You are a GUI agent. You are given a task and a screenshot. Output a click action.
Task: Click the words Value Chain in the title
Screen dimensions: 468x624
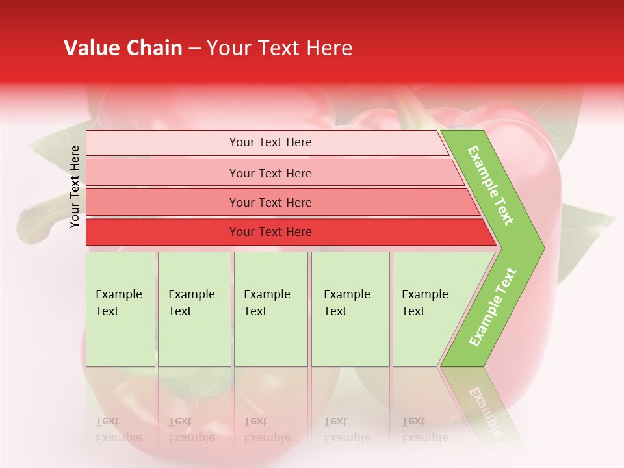[x=123, y=48]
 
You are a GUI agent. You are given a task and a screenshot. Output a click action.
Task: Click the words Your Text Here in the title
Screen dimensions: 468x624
[x=279, y=48]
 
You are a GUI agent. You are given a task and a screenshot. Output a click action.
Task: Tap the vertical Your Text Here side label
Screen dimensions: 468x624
[x=75, y=187]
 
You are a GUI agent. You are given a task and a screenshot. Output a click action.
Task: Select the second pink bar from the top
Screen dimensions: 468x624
[x=270, y=173]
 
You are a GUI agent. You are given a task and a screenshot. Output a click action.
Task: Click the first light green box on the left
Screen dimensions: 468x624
[x=120, y=309]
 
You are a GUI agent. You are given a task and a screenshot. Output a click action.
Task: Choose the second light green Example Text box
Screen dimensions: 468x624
[x=194, y=309]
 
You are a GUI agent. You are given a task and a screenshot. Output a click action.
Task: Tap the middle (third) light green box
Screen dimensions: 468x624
[x=270, y=309]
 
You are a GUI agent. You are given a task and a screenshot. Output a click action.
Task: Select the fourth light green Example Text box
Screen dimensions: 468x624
[x=350, y=309]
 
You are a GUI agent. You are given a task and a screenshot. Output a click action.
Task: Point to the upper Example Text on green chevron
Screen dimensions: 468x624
[x=491, y=185]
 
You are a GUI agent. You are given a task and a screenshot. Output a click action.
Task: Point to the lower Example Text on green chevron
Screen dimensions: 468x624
[x=493, y=307]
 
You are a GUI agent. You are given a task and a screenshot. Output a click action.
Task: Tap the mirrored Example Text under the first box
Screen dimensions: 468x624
[x=118, y=430]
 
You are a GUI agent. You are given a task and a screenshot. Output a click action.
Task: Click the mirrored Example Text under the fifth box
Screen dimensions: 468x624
[x=424, y=430]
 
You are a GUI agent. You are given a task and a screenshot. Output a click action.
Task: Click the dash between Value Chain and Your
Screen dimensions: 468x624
[x=194, y=49]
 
